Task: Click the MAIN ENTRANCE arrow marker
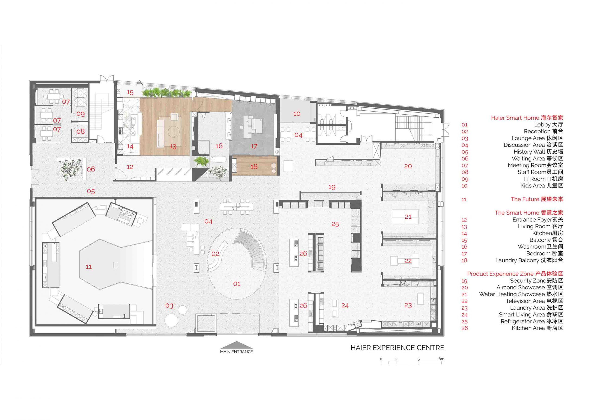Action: click(x=236, y=345)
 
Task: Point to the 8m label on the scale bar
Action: click(x=441, y=359)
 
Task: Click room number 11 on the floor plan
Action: click(x=88, y=267)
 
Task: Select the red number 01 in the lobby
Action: click(x=237, y=284)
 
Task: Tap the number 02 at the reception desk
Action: click(x=215, y=254)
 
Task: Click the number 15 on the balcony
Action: click(x=130, y=92)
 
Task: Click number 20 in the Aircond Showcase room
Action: click(x=408, y=166)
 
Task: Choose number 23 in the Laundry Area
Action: click(x=408, y=305)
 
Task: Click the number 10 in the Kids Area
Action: click(x=297, y=114)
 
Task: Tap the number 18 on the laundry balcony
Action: click(x=254, y=167)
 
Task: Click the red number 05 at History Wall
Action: click(x=91, y=191)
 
